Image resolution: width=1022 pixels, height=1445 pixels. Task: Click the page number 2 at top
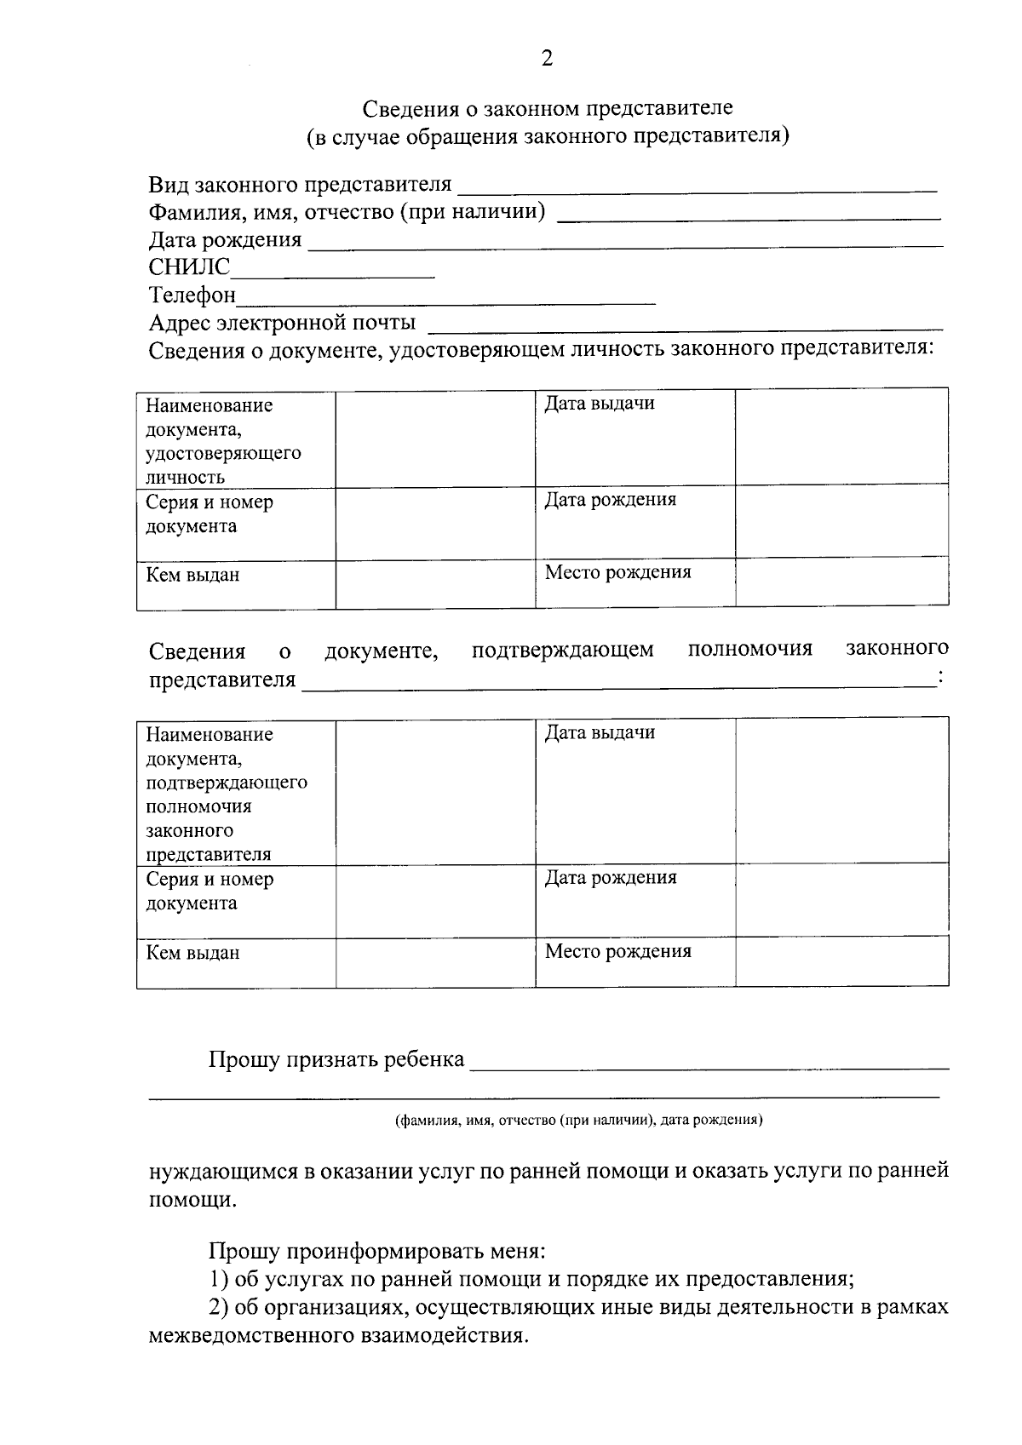pyautogui.click(x=547, y=59)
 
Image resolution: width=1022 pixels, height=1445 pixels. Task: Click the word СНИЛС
pyautogui.click(x=189, y=267)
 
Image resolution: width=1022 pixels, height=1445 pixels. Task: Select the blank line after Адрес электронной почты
pyautogui.click(x=686, y=327)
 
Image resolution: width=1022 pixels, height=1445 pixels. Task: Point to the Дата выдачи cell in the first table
pyautogui.click(x=634, y=438)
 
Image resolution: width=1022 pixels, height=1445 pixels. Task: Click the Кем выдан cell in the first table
pyautogui.click(x=236, y=585)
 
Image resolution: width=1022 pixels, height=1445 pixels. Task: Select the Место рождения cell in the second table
pyautogui.click(x=634, y=963)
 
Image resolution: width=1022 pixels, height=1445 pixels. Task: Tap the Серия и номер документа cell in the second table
pyautogui.click(x=236, y=902)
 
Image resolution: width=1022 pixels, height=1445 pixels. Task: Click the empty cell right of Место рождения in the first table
pyautogui.click(x=841, y=582)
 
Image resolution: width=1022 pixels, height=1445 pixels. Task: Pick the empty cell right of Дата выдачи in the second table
pyautogui.click(x=841, y=790)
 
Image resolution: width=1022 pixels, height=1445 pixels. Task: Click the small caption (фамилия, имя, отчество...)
pyautogui.click(x=578, y=1121)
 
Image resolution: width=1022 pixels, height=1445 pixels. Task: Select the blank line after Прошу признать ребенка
pyautogui.click(x=709, y=1064)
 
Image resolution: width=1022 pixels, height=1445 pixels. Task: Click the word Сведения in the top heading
pyautogui.click(x=412, y=109)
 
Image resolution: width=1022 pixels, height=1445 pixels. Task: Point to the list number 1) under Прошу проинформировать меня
pyautogui.click(x=220, y=1279)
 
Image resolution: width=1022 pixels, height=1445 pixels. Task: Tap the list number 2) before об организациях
pyautogui.click(x=220, y=1307)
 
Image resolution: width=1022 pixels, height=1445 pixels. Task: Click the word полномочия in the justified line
pyautogui.click(x=749, y=650)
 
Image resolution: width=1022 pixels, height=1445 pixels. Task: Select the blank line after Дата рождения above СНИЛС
pyautogui.click(x=625, y=244)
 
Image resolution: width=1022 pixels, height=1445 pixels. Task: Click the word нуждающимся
pyautogui.click(x=223, y=1171)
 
